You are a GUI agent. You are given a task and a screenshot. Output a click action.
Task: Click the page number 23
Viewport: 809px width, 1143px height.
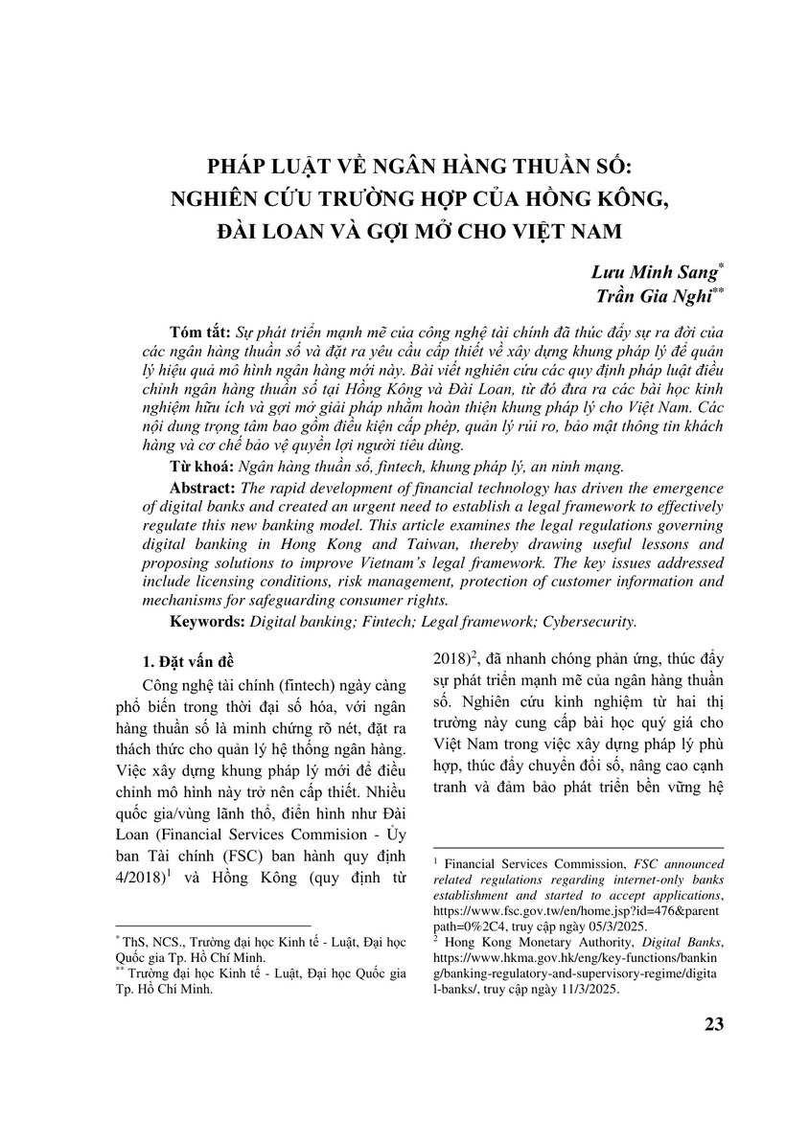[712, 1023]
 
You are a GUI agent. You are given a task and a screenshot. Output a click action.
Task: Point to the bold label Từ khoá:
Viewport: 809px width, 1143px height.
[201, 467]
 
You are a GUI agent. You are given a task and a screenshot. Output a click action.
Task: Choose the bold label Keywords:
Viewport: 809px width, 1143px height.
[208, 621]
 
